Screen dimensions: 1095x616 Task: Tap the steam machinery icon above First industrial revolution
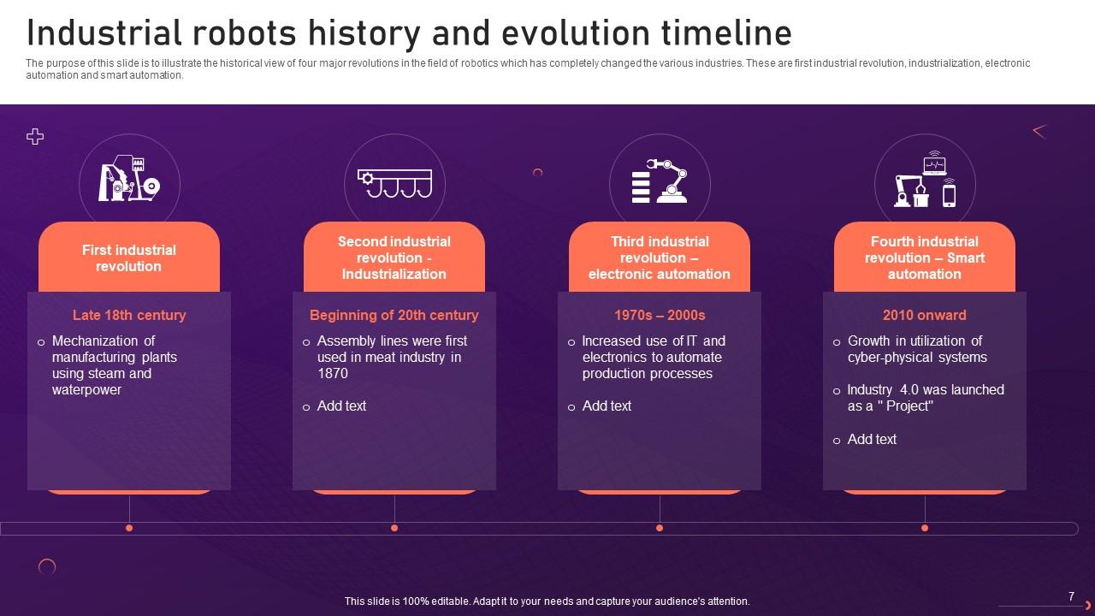coord(129,178)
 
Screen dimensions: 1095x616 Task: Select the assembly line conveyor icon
coord(394,183)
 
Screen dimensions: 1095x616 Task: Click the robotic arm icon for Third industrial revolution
coord(660,181)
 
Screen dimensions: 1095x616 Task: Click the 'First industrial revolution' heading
coord(129,258)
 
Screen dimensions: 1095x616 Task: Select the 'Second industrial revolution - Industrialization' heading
coord(394,258)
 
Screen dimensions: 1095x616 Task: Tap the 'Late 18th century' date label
coord(129,316)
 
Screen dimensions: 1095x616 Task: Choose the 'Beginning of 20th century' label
coord(394,316)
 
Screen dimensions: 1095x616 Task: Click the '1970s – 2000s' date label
coord(660,316)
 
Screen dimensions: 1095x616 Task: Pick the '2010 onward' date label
coord(925,316)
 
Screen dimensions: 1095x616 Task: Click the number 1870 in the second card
coord(333,374)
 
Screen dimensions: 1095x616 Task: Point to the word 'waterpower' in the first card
coord(86,390)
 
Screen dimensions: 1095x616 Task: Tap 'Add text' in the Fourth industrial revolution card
coord(872,440)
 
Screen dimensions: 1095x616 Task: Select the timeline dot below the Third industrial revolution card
coord(660,528)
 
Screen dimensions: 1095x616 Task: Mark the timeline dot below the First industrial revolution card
coord(129,528)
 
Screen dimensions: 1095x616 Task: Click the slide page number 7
coord(1071,596)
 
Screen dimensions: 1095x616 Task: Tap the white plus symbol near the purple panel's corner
coord(35,136)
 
